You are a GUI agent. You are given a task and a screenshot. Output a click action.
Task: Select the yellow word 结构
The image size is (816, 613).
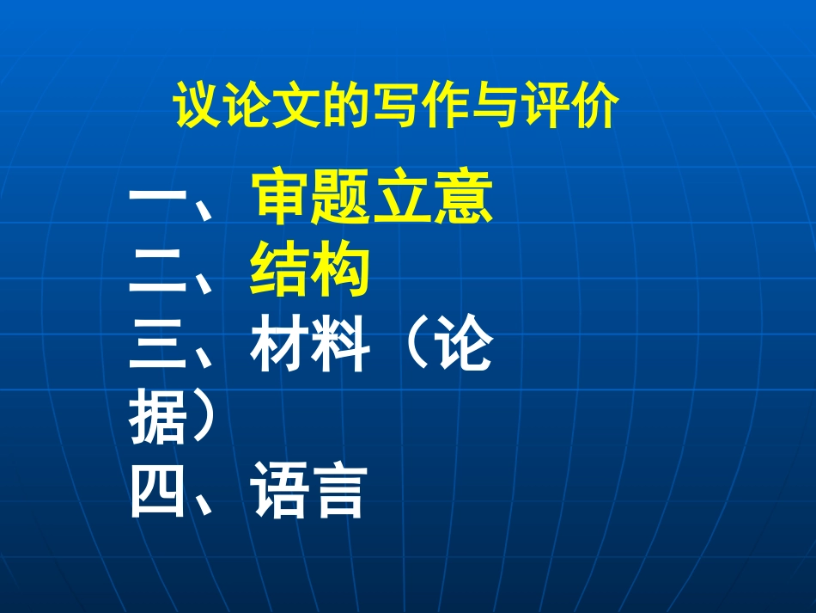310,272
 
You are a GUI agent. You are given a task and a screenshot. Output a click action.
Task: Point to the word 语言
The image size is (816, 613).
310,491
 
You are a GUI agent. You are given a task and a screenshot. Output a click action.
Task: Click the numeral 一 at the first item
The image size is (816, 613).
159,202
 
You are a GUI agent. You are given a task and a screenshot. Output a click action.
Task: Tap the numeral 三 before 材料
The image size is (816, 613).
159,347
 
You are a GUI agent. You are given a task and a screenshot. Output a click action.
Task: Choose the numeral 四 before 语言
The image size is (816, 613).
159,491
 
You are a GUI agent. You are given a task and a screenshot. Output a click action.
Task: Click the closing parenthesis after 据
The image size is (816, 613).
203,418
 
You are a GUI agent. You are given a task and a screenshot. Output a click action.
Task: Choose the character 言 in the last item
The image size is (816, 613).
340,491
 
